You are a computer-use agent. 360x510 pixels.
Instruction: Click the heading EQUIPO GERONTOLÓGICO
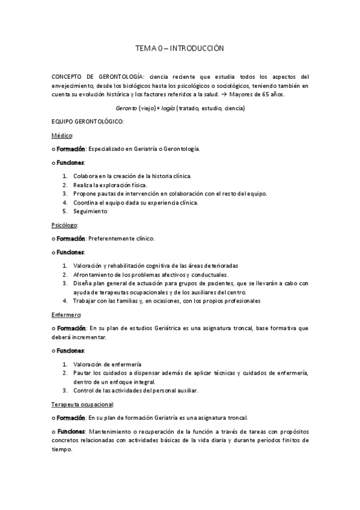click(88, 121)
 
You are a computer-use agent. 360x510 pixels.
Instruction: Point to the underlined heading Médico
click(62, 135)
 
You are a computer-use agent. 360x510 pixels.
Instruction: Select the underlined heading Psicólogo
click(65, 225)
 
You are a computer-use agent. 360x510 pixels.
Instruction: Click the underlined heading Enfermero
click(66, 315)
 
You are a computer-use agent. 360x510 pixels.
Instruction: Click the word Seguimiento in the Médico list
click(90, 211)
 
